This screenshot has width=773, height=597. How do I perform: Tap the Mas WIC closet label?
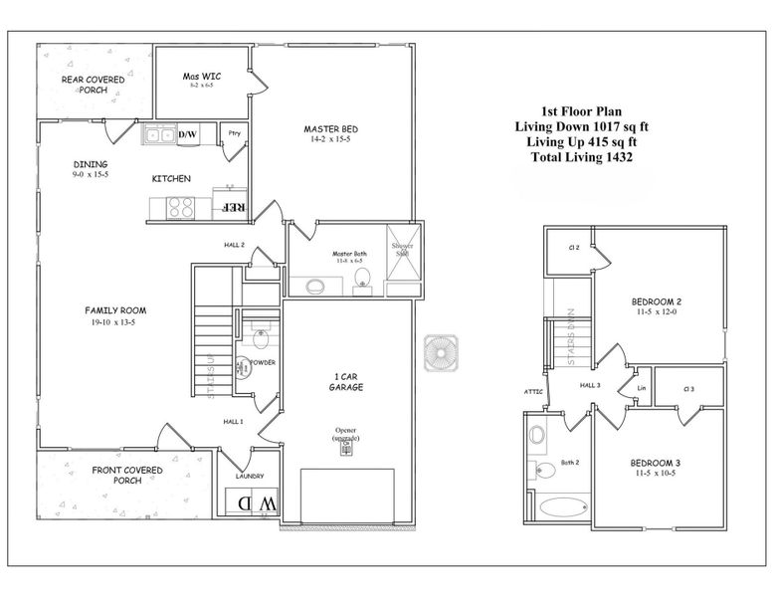point(202,77)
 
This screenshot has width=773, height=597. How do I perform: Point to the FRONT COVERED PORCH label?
point(128,475)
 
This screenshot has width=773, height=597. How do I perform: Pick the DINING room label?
point(91,164)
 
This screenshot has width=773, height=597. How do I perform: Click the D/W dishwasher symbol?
point(188,135)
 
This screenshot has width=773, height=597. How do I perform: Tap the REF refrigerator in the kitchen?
point(232,207)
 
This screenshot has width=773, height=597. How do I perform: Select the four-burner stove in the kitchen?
point(180,207)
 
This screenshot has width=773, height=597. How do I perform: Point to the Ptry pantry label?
point(235,133)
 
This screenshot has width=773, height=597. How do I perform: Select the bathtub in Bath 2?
point(564,505)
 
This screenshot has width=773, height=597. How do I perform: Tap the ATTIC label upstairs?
point(533,391)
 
